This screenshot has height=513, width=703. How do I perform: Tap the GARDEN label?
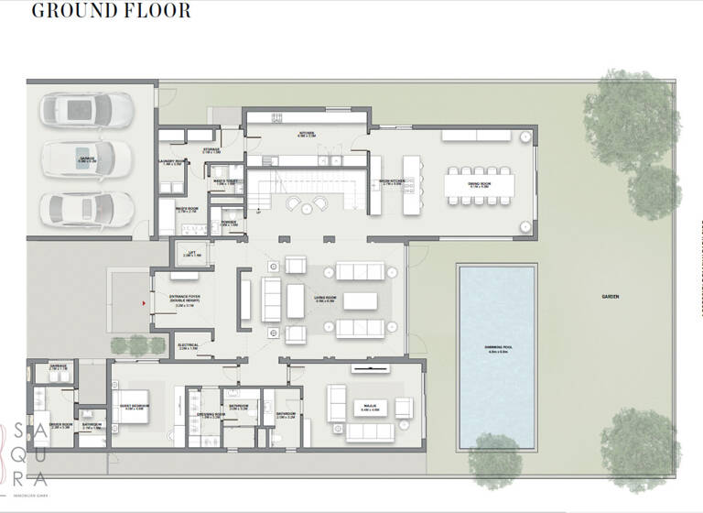coord(611,297)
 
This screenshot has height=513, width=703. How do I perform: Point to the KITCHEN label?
coord(306,134)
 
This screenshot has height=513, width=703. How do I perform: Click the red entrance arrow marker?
coord(145,301)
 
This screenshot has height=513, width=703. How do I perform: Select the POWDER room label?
coord(227,223)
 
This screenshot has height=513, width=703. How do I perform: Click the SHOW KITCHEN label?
coord(391,181)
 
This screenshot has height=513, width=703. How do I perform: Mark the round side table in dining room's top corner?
coord(525,137)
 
